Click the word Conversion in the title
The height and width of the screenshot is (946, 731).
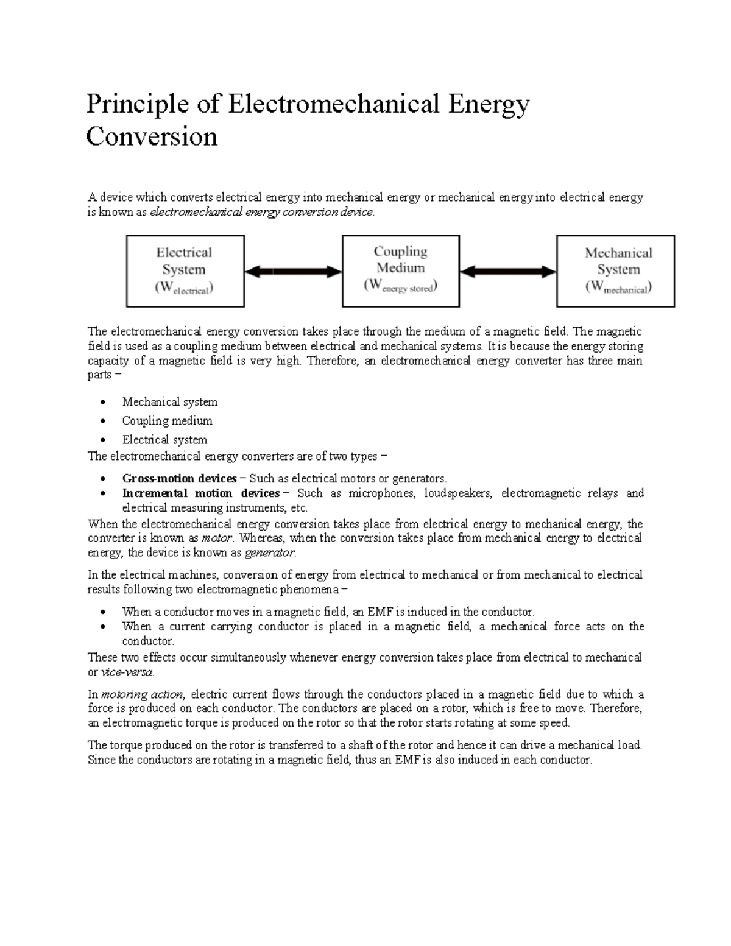click(152, 136)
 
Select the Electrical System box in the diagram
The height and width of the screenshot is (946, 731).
click(185, 271)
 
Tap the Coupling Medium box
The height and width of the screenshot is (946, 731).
click(400, 270)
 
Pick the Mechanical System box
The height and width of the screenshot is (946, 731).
click(615, 271)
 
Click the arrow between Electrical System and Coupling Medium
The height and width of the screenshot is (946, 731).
click(293, 272)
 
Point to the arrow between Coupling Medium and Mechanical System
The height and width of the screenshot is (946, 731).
click(508, 272)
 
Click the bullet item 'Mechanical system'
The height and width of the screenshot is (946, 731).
click(169, 402)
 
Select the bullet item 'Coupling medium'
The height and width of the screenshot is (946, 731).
click(167, 421)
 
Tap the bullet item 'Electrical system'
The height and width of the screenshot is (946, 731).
click(164, 440)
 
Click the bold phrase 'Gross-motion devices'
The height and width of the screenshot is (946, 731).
click(179, 479)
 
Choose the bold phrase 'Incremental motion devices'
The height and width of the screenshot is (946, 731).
click(200, 493)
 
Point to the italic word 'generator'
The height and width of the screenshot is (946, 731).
click(269, 553)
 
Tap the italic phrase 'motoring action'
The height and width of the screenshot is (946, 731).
click(142, 694)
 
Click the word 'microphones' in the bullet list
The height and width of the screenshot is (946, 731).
click(381, 493)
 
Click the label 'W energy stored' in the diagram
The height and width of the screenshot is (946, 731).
click(400, 286)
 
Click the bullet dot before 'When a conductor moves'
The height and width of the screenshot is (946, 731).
click(105, 612)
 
